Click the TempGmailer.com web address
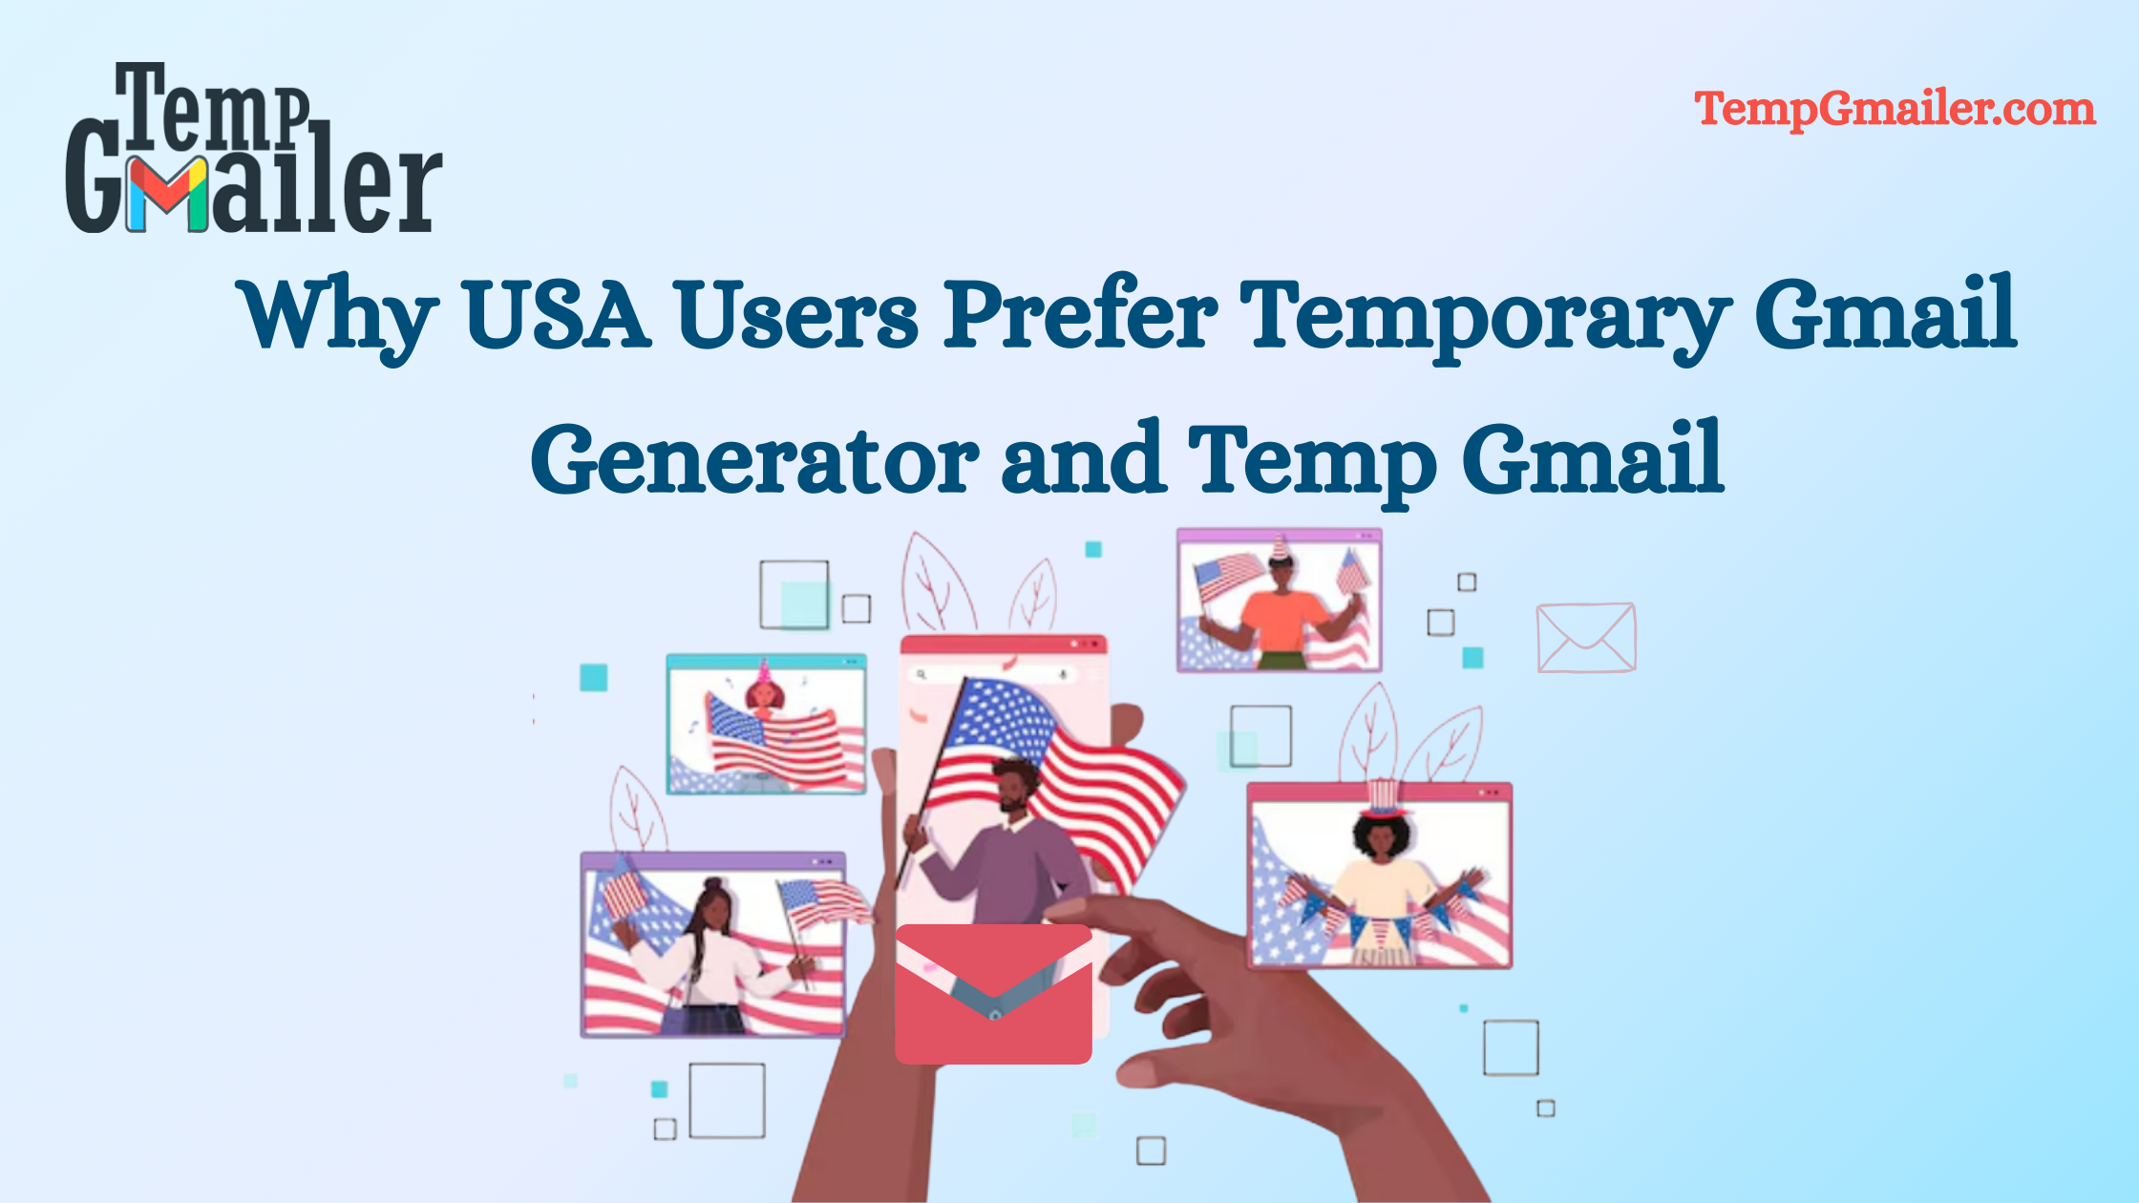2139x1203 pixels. point(1895,109)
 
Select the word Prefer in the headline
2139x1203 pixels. point(1081,313)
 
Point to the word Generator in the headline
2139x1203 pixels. point(754,460)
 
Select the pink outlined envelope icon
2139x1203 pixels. point(1585,638)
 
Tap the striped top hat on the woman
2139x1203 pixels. point(1382,797)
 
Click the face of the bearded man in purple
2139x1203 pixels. point(1012,788)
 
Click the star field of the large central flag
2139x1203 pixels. point(1003,716)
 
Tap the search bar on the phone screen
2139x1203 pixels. point(993,675)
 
